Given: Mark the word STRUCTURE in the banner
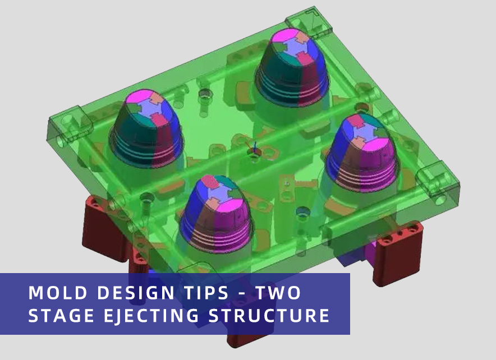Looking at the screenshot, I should (269, 316).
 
